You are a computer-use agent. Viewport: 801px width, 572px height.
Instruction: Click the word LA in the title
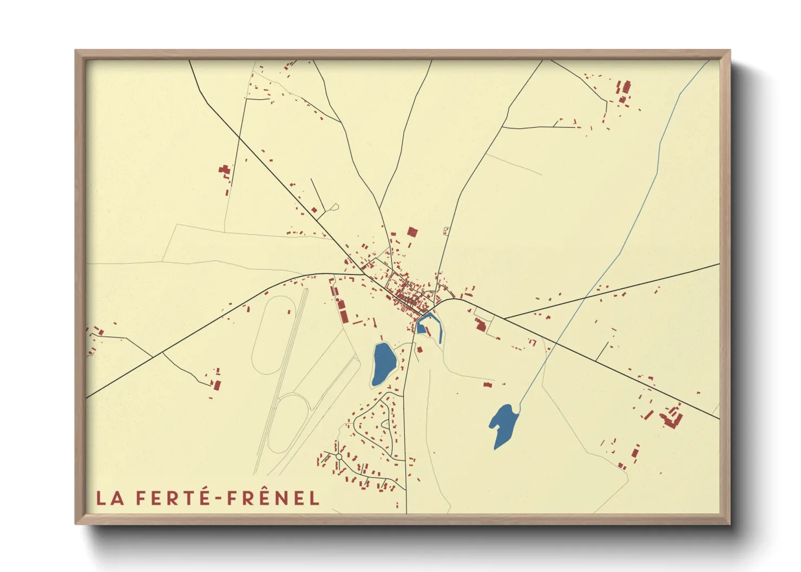click(110, 498)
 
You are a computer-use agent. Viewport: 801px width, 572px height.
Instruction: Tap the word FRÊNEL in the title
click(273, 498)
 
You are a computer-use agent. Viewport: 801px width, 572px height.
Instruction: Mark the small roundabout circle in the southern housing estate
click(339, 457)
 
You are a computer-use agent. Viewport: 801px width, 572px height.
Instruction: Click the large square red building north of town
click(412, 232)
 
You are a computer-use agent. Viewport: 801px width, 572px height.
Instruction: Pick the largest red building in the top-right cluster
click(626, 87)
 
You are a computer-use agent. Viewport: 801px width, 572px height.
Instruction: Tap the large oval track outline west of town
click(274, 335)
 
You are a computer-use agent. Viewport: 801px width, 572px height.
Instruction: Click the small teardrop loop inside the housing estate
click(385, 424)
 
